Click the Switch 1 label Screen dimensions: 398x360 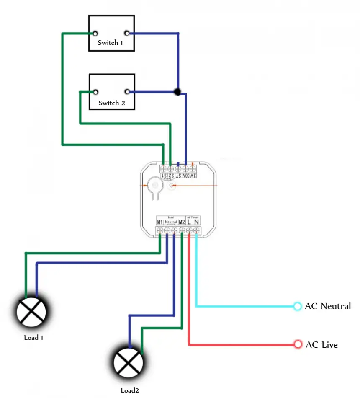(111, 43)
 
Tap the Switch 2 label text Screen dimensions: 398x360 (111, 103)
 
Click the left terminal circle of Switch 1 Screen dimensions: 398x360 (96, 33)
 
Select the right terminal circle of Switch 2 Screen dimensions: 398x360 (126, 92)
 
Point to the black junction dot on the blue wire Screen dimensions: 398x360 (177, 92)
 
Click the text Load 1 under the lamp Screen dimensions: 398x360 (33, 337)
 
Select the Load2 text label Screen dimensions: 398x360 (130, 390)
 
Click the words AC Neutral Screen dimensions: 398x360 (328, 306)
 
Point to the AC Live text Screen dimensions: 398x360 (321, 345)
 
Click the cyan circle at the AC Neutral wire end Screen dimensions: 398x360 (297, 306)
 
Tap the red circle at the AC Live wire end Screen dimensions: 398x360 (298, 344)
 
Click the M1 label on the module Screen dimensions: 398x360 (159, 222)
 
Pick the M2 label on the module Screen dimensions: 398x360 (182, 222)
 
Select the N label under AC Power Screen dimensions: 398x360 (196, 222)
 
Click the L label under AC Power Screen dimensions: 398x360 (189, 222)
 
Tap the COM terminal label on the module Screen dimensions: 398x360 (185, 176)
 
